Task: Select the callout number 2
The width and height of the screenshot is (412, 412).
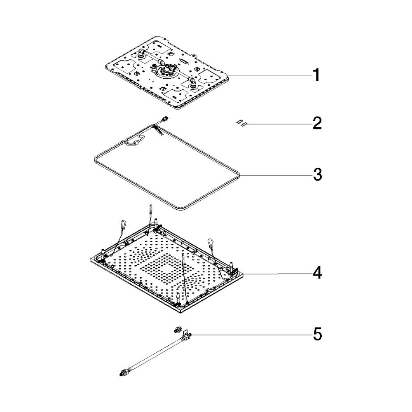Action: [317, 123]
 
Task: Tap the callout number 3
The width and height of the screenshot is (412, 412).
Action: [317, 174]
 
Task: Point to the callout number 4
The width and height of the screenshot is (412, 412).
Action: [317, 273]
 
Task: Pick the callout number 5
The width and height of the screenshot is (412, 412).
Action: [317, 335]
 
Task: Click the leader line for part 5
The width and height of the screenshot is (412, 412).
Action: [251, 335]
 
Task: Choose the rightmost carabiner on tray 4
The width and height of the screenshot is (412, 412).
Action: [211, 243]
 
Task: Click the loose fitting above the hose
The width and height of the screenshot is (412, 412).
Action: [177, 330]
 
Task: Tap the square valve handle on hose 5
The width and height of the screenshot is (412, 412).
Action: [185, 331]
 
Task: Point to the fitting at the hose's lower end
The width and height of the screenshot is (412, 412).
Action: [124, 372]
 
